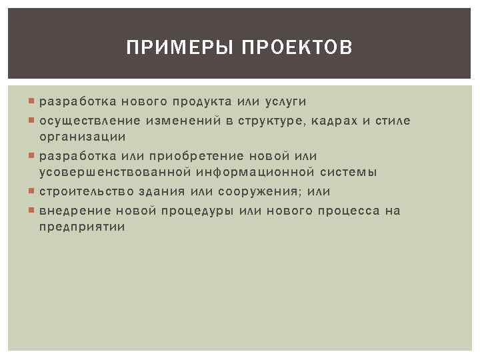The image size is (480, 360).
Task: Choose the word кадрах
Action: click(335, 120)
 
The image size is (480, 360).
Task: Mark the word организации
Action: click(82, 137)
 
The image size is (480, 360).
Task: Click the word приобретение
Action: click(191, 155)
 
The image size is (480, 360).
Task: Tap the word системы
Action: click(348, 173)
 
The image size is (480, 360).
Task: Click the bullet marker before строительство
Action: click(34, 192)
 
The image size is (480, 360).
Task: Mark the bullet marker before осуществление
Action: click(34, 121)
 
